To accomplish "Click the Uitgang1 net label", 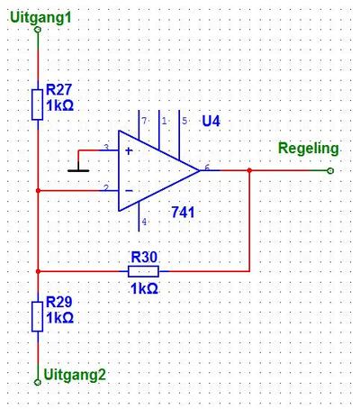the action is click(40, 17).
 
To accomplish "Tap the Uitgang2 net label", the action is click(75, 375).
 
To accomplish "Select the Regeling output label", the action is click(309, 149).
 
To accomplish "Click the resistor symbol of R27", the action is click(38, 105).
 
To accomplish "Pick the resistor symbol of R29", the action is click(38, 316).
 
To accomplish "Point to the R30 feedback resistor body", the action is click(143, 271).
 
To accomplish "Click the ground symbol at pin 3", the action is click(78, 170).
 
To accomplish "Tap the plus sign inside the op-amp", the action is click(129, 150).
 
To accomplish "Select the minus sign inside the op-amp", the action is click(129, 191).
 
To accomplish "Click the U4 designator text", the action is click(211, 121).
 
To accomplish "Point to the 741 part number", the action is click(183, 213).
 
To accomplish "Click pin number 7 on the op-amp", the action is click(144, 121).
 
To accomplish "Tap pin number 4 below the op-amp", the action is click(144, 222).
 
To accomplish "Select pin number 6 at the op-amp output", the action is click(207, 168).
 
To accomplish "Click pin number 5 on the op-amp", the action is click(184, 121).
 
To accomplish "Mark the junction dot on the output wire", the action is click(249, 170).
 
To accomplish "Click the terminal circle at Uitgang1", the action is click(38, 30).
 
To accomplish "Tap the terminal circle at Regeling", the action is click(330, 170).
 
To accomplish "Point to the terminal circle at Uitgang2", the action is click(38, 382).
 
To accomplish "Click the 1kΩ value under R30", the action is click(144, 288).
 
